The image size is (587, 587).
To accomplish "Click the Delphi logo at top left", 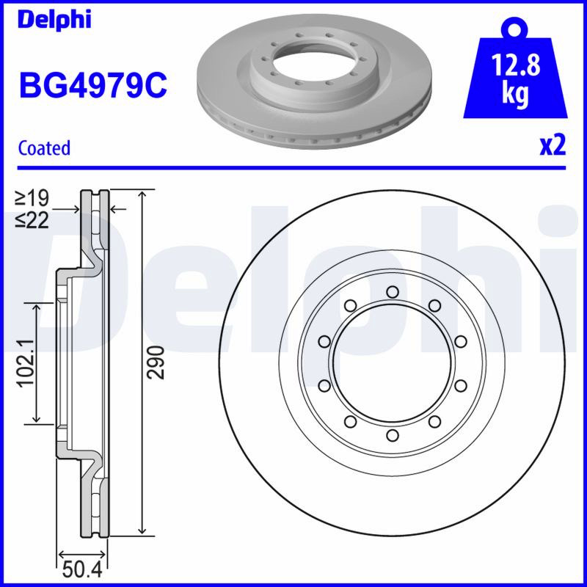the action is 54,20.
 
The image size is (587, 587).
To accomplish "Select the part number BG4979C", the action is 93,85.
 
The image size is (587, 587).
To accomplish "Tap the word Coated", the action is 44,148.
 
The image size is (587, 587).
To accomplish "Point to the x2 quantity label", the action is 553,146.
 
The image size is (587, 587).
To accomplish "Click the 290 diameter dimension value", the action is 156,362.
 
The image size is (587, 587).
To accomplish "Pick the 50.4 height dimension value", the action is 82,571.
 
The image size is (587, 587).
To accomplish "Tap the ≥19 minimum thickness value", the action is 32,198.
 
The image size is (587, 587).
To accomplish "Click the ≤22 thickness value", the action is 32,221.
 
